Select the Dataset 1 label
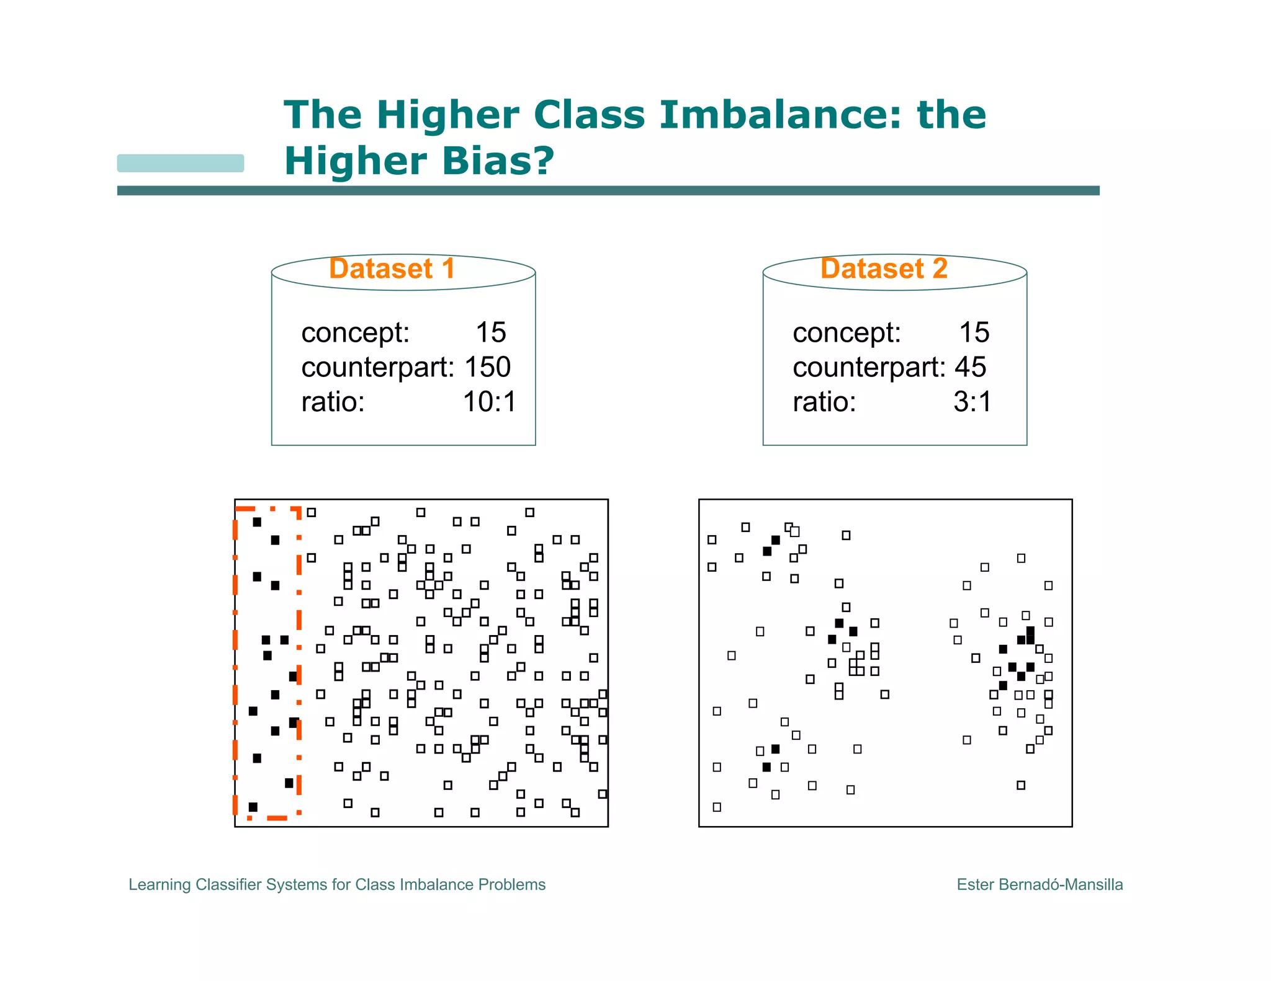(392, 269)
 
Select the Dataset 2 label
(884, 269)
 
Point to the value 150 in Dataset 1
(487, 367)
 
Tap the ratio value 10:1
(490, 402)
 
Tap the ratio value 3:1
(972, 402)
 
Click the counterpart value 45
(970, 367)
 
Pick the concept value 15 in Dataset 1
(491, 332)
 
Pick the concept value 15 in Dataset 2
(974, 332)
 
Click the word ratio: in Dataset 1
(333, 402)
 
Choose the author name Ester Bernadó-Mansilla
(1040, 884)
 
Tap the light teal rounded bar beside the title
(181, 163)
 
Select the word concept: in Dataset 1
(355, 332)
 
